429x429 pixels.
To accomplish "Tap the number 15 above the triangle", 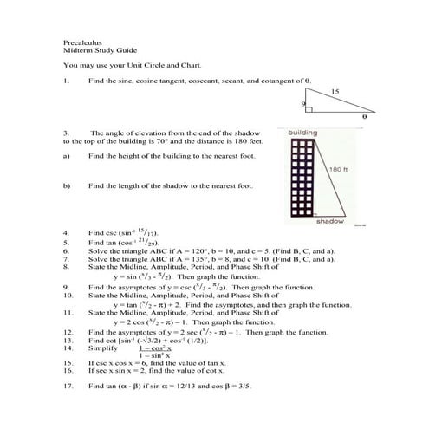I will point(334,90).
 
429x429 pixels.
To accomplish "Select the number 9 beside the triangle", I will point(303,103).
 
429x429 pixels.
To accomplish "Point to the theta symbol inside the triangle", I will point(364,114).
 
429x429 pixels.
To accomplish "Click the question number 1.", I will point(67,81).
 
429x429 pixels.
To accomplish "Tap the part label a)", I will point(67,156).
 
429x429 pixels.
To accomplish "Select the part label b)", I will point(67,185).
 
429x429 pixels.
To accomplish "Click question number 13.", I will point(68,339).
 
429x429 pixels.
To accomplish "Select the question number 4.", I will point(67,234).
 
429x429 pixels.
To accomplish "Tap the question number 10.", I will point(68,295).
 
